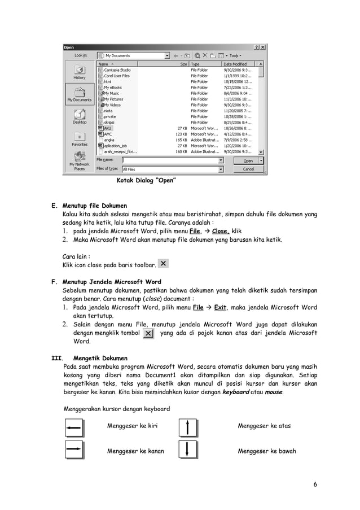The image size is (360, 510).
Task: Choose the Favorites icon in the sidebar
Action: pyautogui.click(x=80, y=138)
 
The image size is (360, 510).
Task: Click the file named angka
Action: pyautogui.click(x=109, y=139)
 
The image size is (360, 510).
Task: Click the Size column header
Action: pyautogui.click(x=183, y=64)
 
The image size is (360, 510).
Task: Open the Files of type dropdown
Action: pyautogui.click(x=221, y=169)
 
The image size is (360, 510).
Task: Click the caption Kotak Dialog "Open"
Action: pyautogui.click(x=146, y=180)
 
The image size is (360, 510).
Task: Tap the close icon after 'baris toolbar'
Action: pyautogui.click(x=163, y=264)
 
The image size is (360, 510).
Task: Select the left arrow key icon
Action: pyautogui.click(x=74, y=428)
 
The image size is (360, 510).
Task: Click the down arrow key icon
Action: pyautogui.click(x=188, y=450)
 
